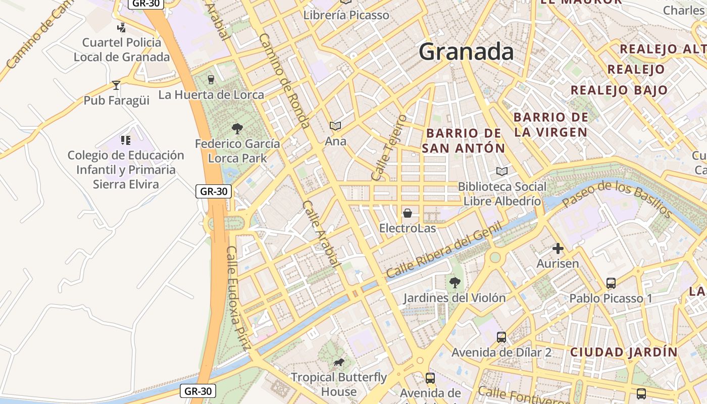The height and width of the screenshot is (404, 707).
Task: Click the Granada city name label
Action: tap(466, 52)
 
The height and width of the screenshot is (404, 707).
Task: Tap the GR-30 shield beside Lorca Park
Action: tap(214, 191)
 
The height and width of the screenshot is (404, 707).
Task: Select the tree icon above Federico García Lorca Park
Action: tap(237, 129)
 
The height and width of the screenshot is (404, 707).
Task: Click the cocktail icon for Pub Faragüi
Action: tap(116, 85)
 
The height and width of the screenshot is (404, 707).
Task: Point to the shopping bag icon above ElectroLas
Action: tap(407, 213)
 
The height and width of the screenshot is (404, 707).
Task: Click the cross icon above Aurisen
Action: tap(558, 248)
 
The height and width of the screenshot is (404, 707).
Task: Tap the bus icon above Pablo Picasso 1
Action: tap(611, 283)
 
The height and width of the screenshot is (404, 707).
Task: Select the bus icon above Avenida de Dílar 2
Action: tap(501, 337)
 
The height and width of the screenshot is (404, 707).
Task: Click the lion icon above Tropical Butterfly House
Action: tap(338, 362)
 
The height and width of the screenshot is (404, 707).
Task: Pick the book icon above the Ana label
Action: tap(335, 126)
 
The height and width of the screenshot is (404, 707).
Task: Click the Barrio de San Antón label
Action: tap(464, 140)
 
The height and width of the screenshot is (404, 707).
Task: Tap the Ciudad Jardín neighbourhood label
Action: tap(624, 352)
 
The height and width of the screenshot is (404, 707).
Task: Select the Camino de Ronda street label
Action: tap(284, 81)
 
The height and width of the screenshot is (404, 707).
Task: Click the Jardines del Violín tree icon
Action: tap(454, 283)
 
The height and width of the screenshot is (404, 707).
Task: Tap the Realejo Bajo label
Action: tap(619, 90)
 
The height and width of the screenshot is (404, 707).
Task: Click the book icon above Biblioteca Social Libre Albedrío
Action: tap(501, 172)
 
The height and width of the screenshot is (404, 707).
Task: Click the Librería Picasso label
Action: tap(346, 15)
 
